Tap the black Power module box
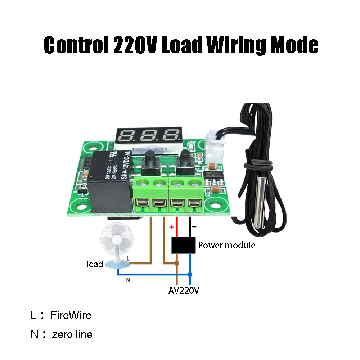[x=183, y=246]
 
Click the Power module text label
[x=227, y=246]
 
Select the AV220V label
[x=184, y=290]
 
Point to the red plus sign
[x=172, y=227]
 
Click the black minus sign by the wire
[x=194, y=227]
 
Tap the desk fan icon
[x=116, y=245]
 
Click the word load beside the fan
[x=95, y=264]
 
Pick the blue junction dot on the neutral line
[x=190, y=274]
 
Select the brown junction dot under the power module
[x=177, y=263]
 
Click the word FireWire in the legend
[x=71, y=315]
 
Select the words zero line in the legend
[x=72, y=334]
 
